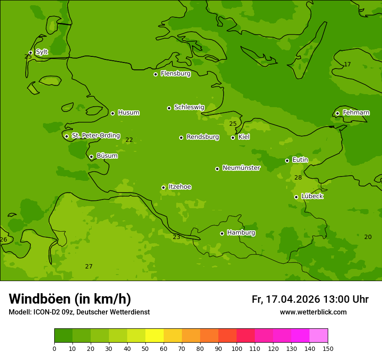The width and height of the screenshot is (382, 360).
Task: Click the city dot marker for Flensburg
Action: pyautogui.click(x=155, y=74)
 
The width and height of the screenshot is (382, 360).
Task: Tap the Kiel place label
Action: pyautogui.click(x=244, y=137)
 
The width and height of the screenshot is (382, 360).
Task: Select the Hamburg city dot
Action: pyautogui.click(x=222, y=233)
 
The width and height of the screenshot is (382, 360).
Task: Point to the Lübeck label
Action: pyautogui.click(x=312, y=196)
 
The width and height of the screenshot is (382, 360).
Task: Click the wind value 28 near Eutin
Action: pyautogui.click(x=298, y=178)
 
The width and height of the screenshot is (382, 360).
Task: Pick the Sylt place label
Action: pyautogui.click(x=42, y=52)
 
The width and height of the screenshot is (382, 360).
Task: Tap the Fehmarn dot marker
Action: pyautogui.click(x=337, y=113)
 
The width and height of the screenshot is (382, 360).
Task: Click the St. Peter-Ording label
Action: pyautogui.click(x=95, y=136)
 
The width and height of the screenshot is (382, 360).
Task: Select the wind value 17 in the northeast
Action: pyautogui.click(x=347, y=65)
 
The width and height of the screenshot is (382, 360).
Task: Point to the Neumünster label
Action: pyautogui.click(x=241, y=168)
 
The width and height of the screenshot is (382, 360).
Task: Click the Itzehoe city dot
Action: pyautogui.click(x=163, y=187)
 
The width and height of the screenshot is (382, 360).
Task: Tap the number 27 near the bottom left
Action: pyautogui.click(x=89, y=267)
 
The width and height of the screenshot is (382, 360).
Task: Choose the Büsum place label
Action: pyautogui.click(x=107, y=156)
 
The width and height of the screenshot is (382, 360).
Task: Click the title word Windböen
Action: pyautogui.click(x=40, y=299)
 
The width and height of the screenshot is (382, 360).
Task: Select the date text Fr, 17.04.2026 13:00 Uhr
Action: pyautogui.click(x=310, y=299)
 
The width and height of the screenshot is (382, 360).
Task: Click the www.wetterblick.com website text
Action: pyautogui.click(x=313, y=312)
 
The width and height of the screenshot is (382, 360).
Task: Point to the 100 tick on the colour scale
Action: pyautogui.click(x=237, y=348)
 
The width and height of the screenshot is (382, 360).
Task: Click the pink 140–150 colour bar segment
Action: pyautogui.click(x=319, y=336)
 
